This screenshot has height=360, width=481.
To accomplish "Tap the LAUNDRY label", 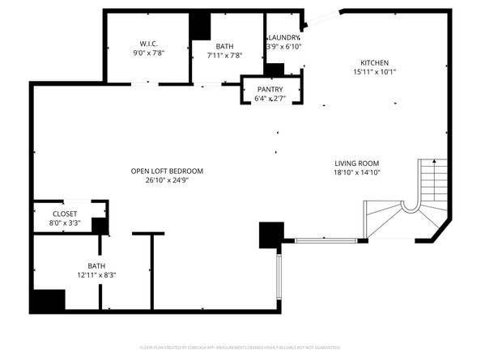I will click(x=283, y=37).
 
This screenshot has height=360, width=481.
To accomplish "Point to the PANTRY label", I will click(x=270, y=88).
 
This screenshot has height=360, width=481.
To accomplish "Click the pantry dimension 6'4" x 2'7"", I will click(x=270, y=98).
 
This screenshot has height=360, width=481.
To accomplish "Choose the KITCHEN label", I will click(x=375, y=62).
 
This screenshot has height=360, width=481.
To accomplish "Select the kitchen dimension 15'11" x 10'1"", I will click(x=375, y=72).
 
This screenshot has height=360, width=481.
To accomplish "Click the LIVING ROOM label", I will click(x=357, y=162).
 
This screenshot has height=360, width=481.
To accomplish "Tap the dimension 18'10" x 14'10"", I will click(x=357, y=172).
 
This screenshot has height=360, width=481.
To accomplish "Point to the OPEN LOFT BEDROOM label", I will click(x=167, y=171).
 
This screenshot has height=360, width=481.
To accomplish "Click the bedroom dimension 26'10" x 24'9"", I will click(x=167, y=180).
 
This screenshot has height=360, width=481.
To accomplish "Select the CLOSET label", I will click(x=65, y=214).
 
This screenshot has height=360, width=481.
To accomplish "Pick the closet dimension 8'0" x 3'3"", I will click(x=65, y=223).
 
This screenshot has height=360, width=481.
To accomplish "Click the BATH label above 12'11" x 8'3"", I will click(x=96, y=265).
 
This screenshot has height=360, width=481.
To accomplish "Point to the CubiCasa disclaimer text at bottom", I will click(x=240, y=347).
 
